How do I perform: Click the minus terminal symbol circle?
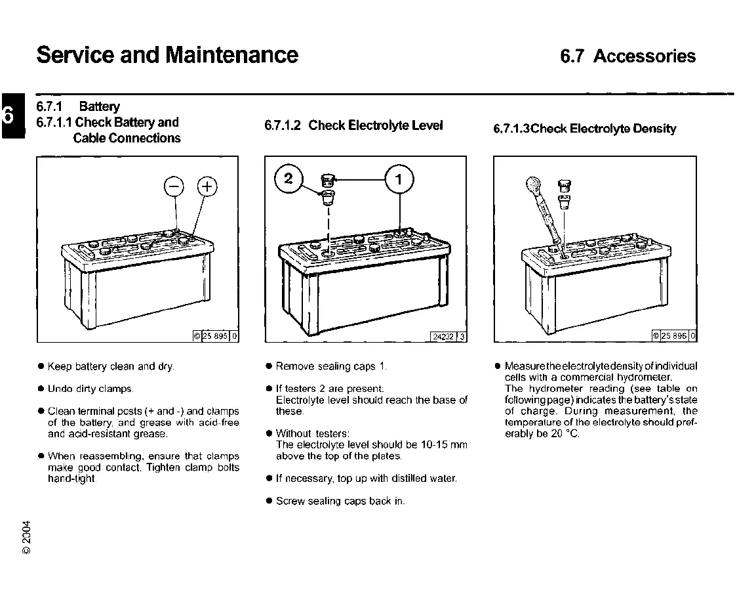[174, 186]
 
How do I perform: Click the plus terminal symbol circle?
[207, 186]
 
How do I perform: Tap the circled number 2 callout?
[289, 179]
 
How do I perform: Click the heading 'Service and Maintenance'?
[167, 54]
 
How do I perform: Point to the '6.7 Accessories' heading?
[627, 56]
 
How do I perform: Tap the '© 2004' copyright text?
[26, 538]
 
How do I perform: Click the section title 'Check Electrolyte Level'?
[376, 125]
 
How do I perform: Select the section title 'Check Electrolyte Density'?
[603, 129]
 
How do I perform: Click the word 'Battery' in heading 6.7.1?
[100, 106]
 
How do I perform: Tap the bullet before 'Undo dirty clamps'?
[41, 389]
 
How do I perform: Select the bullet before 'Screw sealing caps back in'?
[269, 501]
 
